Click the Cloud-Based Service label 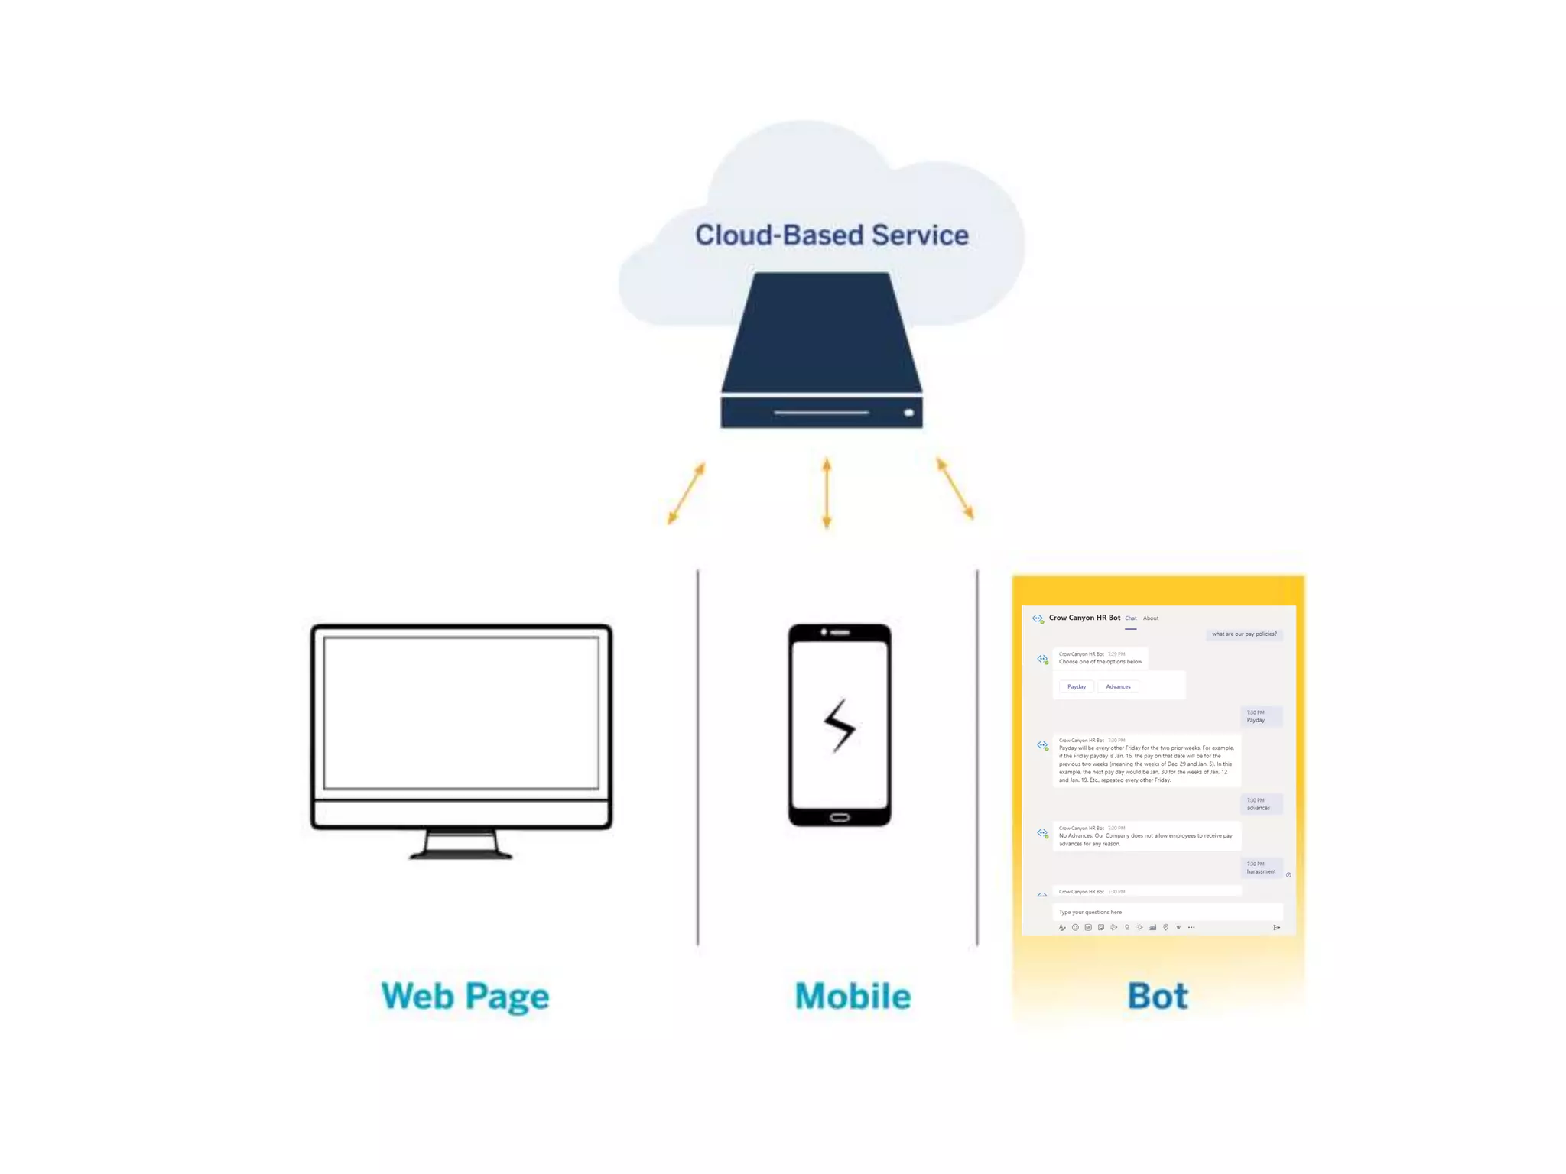(x=831, y=235)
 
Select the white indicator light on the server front (x=908, y=413)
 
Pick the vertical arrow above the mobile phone (x=827, y=493)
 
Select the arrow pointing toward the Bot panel (x=955, y=489)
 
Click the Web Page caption (x=465, y=996)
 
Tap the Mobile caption (x=853, y=996)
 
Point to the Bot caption (x=1158, y=996)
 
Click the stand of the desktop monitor (x=461, y=844)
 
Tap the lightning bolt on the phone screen (x=840, y=725)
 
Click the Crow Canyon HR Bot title (x=1084, y=618)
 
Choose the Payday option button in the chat (x=1077, y=686)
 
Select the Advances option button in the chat (x=1118, y=686)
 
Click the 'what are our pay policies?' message (x=1244, y=634)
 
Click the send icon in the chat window (x=1276, y=927)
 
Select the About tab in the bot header (x=1151, y=618)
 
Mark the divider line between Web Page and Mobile (x=697, y=757)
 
